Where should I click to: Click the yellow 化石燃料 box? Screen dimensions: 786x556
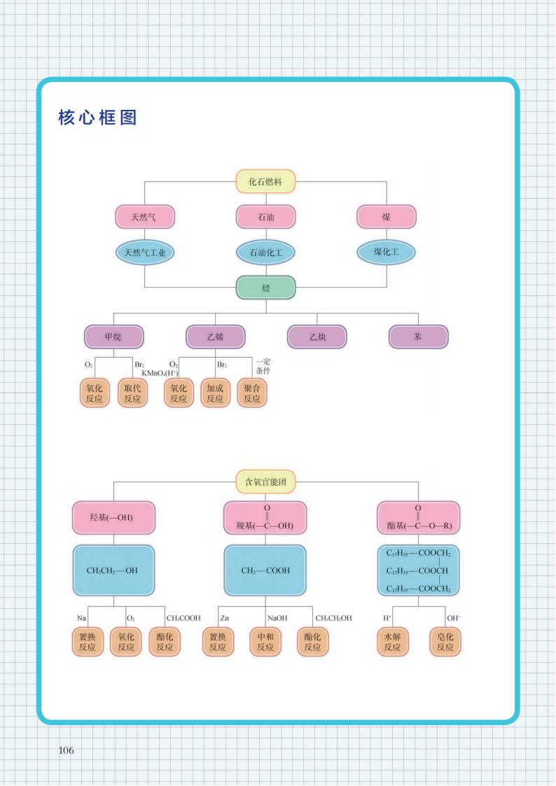tap(266, 182)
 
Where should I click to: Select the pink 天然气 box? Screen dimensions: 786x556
tap(145, 217)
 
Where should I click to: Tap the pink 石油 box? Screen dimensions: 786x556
tap(266, 217)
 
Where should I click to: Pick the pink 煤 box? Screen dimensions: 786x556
tap(387, 217)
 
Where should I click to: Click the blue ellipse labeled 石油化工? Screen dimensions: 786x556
tap(266, 252)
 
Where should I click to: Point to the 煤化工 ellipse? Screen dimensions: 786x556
tap(387, 251)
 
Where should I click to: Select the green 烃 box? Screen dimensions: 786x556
tap(266, 288)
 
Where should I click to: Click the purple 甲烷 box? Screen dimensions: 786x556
tap(113, 337)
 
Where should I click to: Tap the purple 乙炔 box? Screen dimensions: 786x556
tap(317, 337)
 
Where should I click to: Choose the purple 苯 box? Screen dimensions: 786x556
tap(418, 337)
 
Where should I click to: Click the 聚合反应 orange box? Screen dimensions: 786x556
tap(252, 393)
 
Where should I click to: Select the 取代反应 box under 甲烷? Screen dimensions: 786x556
tap(132, 393)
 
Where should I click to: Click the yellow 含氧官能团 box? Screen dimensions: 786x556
tap(266, 482)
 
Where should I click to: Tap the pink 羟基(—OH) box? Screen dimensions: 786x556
tap(113, 519)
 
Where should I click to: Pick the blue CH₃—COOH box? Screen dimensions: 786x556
tap(265, 570)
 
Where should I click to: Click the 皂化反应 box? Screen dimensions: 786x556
tap(445, 642)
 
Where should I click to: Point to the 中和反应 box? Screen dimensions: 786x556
tap(265, 642)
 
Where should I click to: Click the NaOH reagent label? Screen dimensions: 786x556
tap(277, 618)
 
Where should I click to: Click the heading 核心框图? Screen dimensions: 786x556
tap(97, 118)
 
